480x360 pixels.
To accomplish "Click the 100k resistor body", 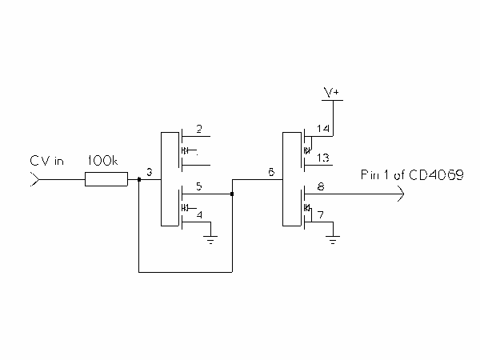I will pyautogui.click(x=106, y=180).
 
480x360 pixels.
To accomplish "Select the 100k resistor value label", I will pyautogui.click(x=102, y=161).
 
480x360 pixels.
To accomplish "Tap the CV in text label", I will pyautogui.click(x=47, y=161).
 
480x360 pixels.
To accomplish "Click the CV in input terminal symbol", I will pyautogui.click(x=33, y=180).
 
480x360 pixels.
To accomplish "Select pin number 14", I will pyautogui.click(x=323, y=129).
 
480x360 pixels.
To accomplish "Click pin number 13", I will pyautogui.click(x=323, y=158).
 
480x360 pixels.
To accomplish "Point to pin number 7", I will pyautogui.click(x=320, y=215).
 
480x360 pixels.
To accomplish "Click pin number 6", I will pyautogui.click(x=271, y=173).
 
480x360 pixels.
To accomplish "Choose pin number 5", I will pyautogui.click(x=199, y=186).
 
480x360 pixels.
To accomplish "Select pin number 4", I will pyautogui.click(x=199, y=214).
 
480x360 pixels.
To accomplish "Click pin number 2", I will pyautogui.click(x=199, y=129).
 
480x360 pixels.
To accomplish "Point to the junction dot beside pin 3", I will pyautogui.click(x=139, y=180).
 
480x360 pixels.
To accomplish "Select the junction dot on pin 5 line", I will pyautogui.click(x=232, y=193).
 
